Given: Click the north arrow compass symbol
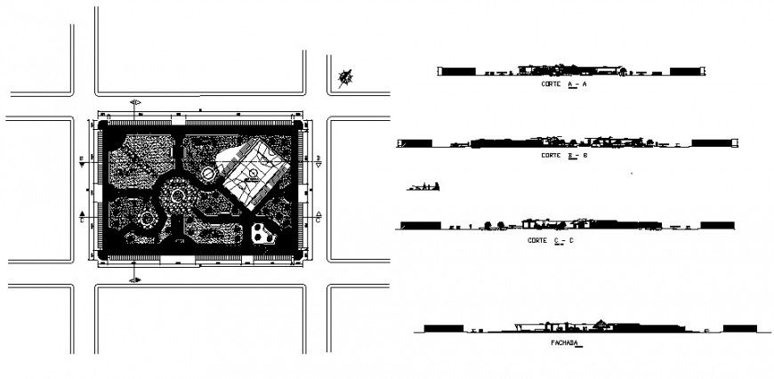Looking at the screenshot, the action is (x=345, y=78).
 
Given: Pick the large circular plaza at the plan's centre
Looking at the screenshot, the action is (x=178, y=195).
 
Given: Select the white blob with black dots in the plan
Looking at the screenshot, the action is (x=264, y=234).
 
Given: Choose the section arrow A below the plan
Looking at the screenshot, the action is (x=135, y=279).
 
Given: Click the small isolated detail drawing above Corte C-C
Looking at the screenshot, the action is (x=423, y=186).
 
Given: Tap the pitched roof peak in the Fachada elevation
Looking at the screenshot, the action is (x=603, y=322).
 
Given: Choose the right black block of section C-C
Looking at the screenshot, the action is (x=716, y=226).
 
